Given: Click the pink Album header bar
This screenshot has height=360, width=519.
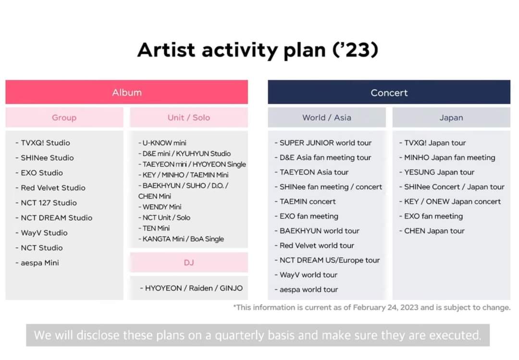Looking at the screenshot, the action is [126, 92].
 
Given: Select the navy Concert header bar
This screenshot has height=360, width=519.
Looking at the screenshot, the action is [389, 92].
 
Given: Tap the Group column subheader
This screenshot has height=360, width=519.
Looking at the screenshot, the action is [64, 117].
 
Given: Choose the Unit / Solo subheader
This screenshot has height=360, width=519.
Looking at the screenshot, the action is [189, 117].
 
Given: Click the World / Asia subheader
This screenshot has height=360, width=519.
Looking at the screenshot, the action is [327, 117].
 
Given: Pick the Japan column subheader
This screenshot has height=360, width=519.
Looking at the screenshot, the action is [451, 117].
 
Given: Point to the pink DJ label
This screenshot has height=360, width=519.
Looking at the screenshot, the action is [189, 262].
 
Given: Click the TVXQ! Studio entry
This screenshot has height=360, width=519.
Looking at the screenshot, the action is [43, 143].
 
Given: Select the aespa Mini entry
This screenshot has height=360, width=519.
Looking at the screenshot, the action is [37, 262].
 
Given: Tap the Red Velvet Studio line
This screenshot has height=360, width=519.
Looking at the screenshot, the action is [50, 188].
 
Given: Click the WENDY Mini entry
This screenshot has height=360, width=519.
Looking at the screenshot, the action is [160, 207].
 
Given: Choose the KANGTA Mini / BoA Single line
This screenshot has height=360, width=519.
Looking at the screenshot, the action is [181, 239].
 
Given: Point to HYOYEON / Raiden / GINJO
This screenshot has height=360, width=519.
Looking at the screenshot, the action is [191, 288].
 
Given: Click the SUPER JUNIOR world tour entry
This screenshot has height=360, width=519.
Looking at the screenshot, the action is [323, 143].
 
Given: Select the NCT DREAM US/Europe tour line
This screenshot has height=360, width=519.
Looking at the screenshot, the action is [327, 260].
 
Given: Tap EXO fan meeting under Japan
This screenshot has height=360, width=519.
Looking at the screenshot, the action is [431, 216].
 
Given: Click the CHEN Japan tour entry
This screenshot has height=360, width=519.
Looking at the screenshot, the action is [432, 231].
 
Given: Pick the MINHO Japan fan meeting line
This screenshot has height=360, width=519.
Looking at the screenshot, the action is [447, 158].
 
